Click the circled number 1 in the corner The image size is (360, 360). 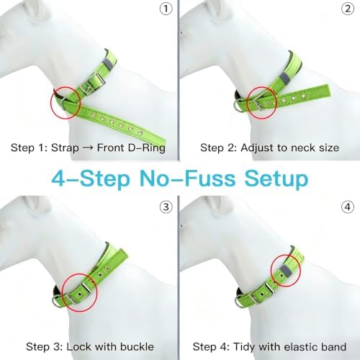(166, 9)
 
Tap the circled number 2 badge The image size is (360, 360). (348, 9)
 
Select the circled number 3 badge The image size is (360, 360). (166, 207)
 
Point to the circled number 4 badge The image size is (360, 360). (348, 207)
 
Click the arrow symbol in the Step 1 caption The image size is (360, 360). (88, 148)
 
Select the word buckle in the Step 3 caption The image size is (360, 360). (137, 346)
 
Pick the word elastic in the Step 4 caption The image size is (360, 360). (300, 347)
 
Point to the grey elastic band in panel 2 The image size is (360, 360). (285, 78)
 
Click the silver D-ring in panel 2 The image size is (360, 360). (238, 105)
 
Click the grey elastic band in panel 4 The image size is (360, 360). (286, 270)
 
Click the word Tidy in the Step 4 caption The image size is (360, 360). (244, 347)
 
